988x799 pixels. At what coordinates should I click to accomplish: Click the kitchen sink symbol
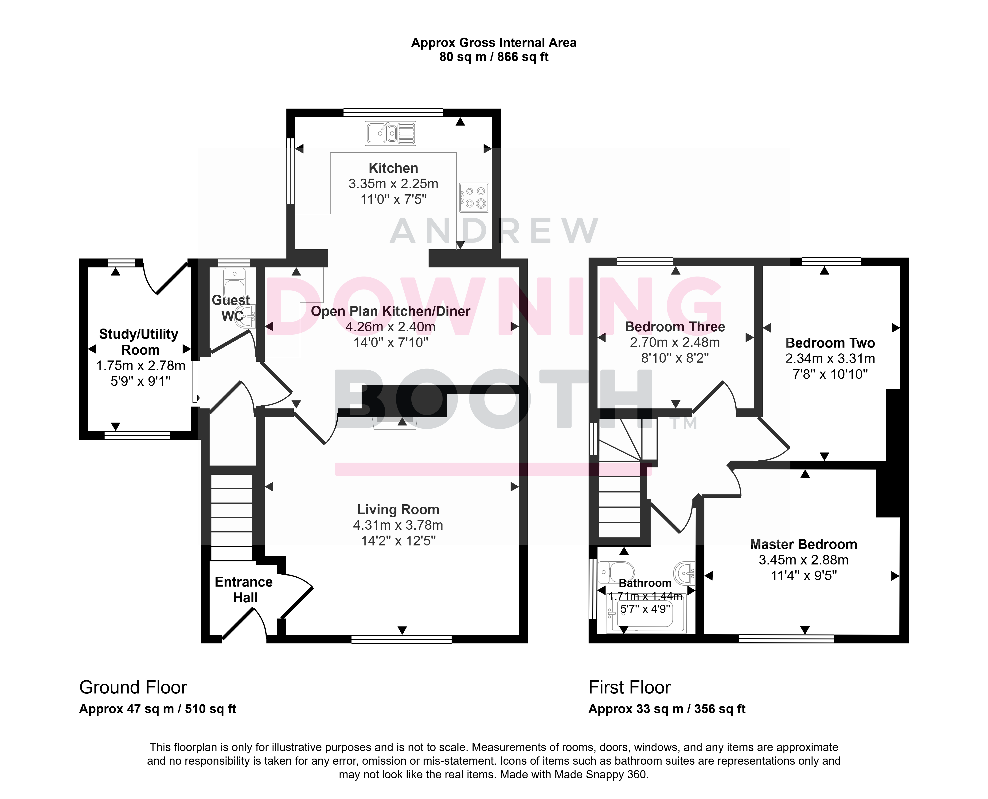pyautogui.click(x=390, y=133)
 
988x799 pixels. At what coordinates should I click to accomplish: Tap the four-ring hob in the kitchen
pyautogui.click(x=474, y=197)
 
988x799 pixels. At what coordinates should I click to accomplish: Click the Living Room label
pyautogui.click(x=398, y=509)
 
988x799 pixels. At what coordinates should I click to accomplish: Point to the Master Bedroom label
pyautogui.click(x=804, y=544)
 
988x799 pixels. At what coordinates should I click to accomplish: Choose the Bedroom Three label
pyautogui.click(x=675, y=327)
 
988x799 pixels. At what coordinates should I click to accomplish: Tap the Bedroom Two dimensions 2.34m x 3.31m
pyautogui.click(x=830, y=359)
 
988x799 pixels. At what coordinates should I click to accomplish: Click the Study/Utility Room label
pyautogui.click(x=139, y=342)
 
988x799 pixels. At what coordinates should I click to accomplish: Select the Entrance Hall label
pyautogui.click(x=244, y=590)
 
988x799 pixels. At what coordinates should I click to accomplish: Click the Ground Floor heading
pyautogui.click(x=133, y=688)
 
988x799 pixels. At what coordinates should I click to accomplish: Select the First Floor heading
pyautogui.click(x=629, y=688)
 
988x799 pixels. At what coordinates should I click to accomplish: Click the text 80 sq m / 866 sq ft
pyautogui.click(x=494, y=57)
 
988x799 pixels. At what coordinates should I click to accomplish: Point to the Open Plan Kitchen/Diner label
pyautogui.click(x=391, y=311)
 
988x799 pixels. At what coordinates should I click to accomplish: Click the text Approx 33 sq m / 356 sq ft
pyautogui.click(x=667, y=709)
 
